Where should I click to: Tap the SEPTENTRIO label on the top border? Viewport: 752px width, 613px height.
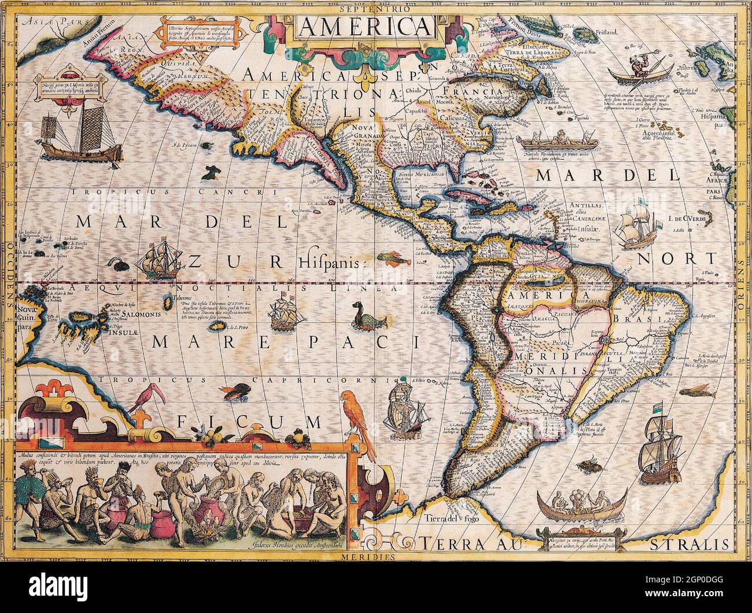coord(375,9)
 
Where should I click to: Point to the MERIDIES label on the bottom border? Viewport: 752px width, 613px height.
coord(375,557)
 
